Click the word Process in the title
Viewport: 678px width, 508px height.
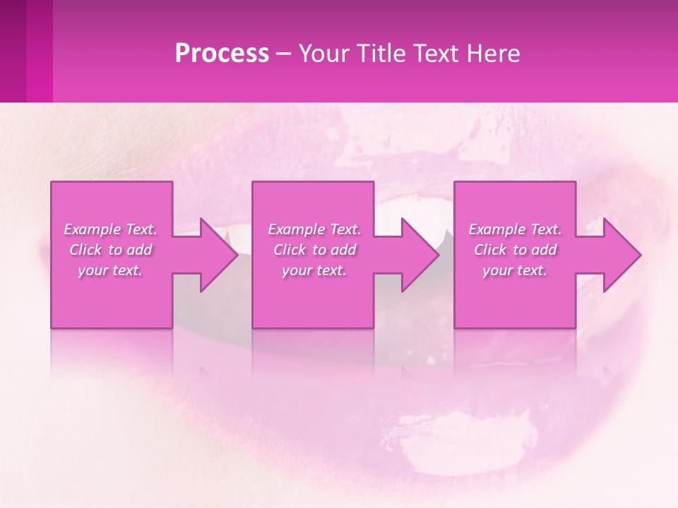[x=222, y=54]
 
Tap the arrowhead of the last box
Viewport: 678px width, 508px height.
[x=621, y=255]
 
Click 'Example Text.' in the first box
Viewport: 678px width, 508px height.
[x=110, y=229]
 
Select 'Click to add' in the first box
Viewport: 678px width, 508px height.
[x=111, y=250]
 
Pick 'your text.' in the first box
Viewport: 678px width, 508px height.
[x=110, y=270]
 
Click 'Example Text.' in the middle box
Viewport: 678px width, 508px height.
[x=314, y=229]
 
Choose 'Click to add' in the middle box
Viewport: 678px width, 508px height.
[x=315, y=250]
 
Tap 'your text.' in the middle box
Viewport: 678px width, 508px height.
[x=314, y=270]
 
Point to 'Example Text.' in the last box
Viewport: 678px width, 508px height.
[x=515, y=229]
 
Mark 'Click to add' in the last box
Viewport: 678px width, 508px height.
[x=516, y=250]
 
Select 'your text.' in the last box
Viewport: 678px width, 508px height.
[x=515, y=270]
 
